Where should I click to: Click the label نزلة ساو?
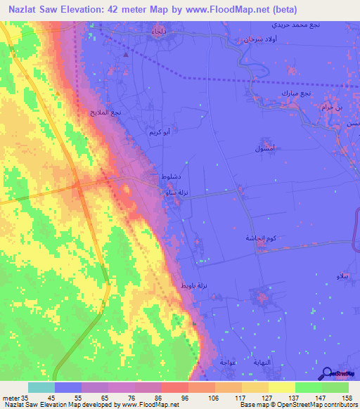[x=176, y=192]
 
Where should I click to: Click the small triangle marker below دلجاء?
[x=126, y=53]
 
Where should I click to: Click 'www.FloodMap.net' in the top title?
[x=229, y=9]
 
